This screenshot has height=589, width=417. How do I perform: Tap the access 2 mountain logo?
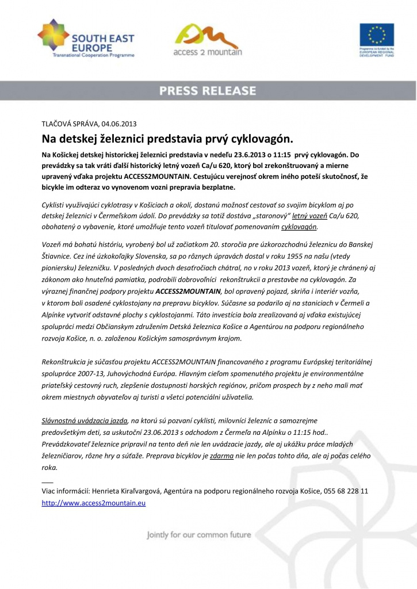click(208, 40)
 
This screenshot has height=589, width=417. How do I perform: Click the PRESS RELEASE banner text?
click(208, 91)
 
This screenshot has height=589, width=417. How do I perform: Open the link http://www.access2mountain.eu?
click(94, 503)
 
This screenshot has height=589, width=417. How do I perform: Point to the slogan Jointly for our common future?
click(199, 535)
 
